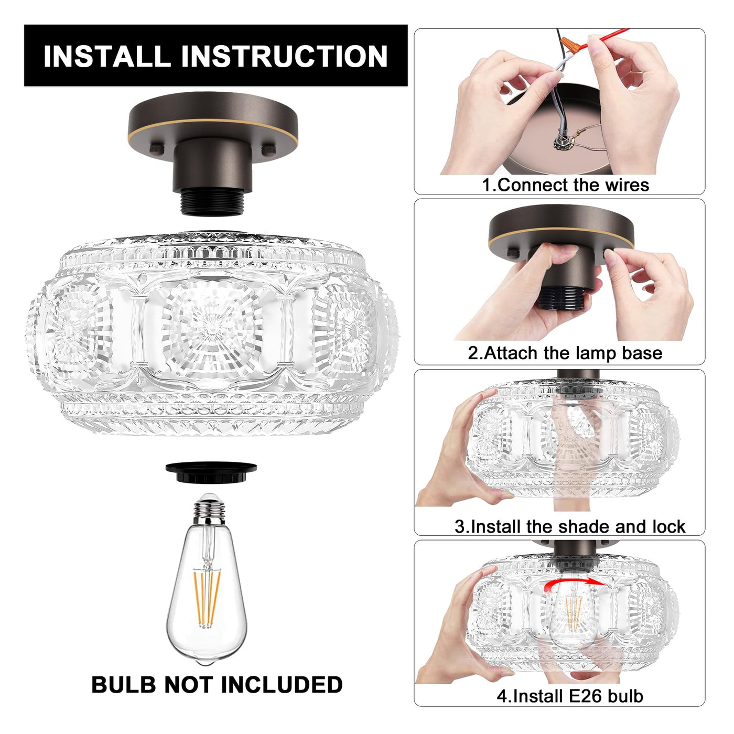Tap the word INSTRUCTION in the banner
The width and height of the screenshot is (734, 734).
tap(284, 56)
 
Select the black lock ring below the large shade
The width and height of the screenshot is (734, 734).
tap(211, 472)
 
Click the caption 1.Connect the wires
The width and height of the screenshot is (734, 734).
tap(566, 185)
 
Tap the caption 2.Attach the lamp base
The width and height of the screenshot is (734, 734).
tap(565, 353)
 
